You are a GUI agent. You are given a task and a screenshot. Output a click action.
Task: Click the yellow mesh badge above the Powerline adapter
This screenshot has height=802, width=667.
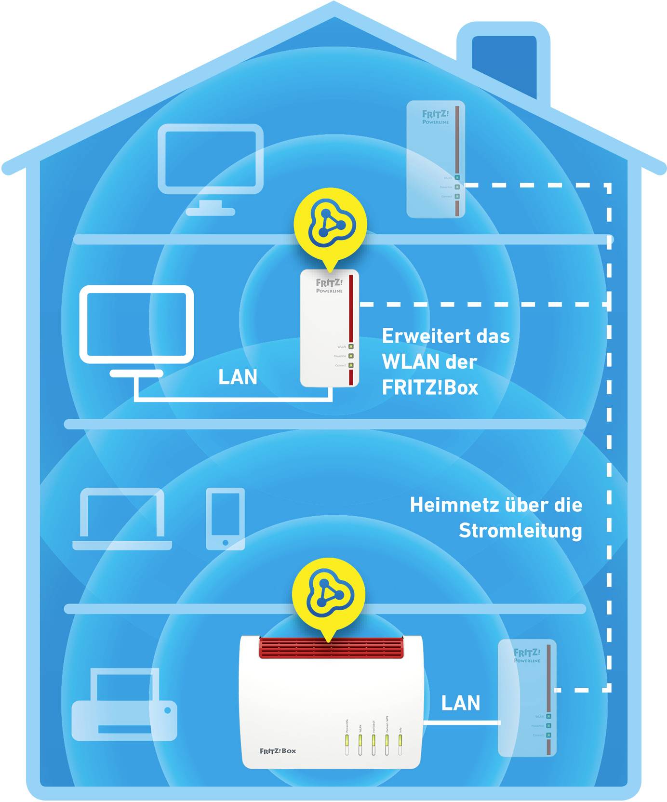pyautogui.click(x=330, y=224)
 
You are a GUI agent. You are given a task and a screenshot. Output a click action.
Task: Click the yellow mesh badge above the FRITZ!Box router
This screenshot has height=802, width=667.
pyautogui.click(x=329, y=594)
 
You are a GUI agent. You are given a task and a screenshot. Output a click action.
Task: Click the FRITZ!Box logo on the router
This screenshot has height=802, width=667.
pyautogui.click(x=278, y=750)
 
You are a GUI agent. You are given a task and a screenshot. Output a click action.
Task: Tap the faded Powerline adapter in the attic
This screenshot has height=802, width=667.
pyautogui.click(x=436, y=159)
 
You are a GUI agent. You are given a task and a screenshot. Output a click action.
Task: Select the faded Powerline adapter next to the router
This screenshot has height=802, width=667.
pyautogui.click(x=527, y=697)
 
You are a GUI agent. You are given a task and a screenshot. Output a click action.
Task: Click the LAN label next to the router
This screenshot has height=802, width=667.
pyautogui.click(x=461, y=703)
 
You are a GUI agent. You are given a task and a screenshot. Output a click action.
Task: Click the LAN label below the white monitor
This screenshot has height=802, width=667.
pyautogui.click(x=238, y=377)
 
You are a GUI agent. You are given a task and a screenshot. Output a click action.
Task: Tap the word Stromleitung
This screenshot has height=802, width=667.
pyautogui.click(x=520, y=531)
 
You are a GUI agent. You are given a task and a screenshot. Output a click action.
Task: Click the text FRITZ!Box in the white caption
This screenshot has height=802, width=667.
pyautogui.click(x=430, y=388)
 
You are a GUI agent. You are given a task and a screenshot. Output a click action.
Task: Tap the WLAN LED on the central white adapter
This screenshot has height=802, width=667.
pyautogui.click(x=351, y=347)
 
